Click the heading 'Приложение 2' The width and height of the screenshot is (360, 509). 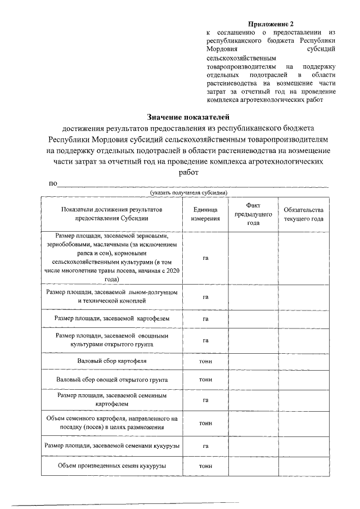[271, 24]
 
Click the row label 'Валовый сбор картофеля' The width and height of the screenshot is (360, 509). [111, 360]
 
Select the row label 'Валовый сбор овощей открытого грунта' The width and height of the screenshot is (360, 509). [111, 380]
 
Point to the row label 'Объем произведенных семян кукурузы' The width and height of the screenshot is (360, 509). [111, 466]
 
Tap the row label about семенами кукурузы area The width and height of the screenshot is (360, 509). [111, 445]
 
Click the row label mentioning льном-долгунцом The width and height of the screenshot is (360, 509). [111, 296]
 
